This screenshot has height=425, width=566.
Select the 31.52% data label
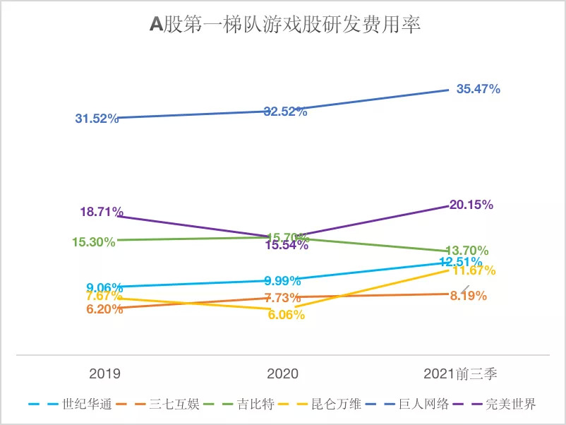(x=96, y=119)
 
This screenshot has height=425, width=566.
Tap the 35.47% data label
(x=478, y=89)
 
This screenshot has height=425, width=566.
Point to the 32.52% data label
(x=285, y=112)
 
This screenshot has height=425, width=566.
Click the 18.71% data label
(x=102, y=211)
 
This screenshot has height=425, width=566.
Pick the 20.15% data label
(x=471, y=205)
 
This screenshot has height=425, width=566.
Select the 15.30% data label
(x=93, y=241)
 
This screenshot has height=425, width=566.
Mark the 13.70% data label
(x=467, y=251)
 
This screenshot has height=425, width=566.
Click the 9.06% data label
(x=104, y=287)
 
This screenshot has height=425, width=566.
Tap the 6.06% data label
(x=286, y=315)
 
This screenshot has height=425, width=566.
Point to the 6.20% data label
(x=105, y=309)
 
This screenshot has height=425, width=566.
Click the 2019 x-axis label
(x=104, y=373)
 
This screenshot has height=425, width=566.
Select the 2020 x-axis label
(x=283, y=373)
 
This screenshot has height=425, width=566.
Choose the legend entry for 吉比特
(x=251, y=405)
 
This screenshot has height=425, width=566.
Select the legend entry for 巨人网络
(x=428, y=405)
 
